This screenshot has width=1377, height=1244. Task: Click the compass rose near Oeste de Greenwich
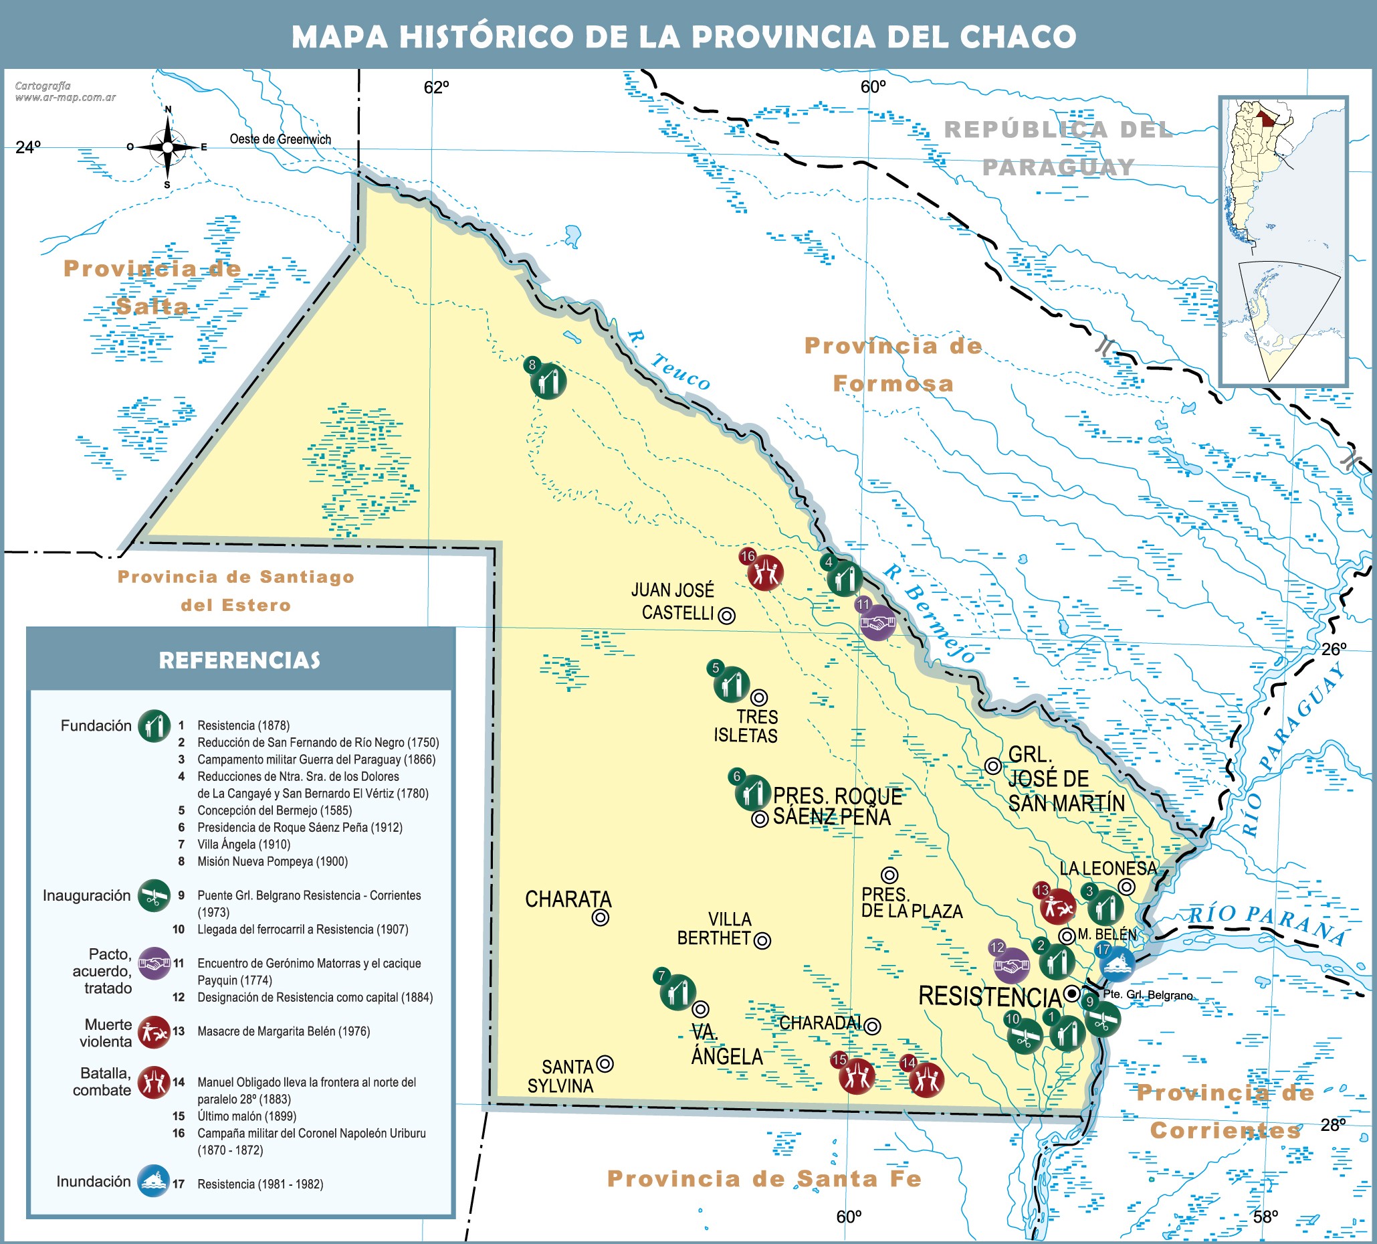pyautogui.click(x=168, y=147)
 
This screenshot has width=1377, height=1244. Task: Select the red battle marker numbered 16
pyautogui.click(x=765, y=573)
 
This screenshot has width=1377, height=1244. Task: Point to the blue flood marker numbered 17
pyautogui.click(x=1118, y=964)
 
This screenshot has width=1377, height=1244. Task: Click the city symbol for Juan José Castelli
pyautogui.click(x=728, y=616)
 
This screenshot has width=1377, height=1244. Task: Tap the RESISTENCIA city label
pyautogui.click(x=989, y=996)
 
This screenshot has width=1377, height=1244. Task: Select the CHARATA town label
pyautogui.click(x=568, y=899)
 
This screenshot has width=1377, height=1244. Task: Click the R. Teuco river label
pyautogui.click(x=669, y=360)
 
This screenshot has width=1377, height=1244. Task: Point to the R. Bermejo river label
pyautogui.click(x=929, y=614)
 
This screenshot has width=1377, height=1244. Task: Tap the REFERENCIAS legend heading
pyautogui.click(x=239, y=660)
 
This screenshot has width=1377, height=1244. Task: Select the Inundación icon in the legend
pyautogui.click(x=154, y=1181)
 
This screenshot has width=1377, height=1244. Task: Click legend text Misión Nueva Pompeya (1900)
pyautogui.click(x=273, y=861)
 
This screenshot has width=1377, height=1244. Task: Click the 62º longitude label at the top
pyautogui.click(x=437, y=88)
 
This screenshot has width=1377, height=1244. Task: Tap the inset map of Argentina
pyautogui.click(x=1283, y=242)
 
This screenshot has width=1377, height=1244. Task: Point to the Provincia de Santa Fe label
pyautogui.click(x=764, y=1178)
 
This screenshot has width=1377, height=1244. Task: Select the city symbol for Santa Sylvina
pyautogui.click(x=605, y=1063)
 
